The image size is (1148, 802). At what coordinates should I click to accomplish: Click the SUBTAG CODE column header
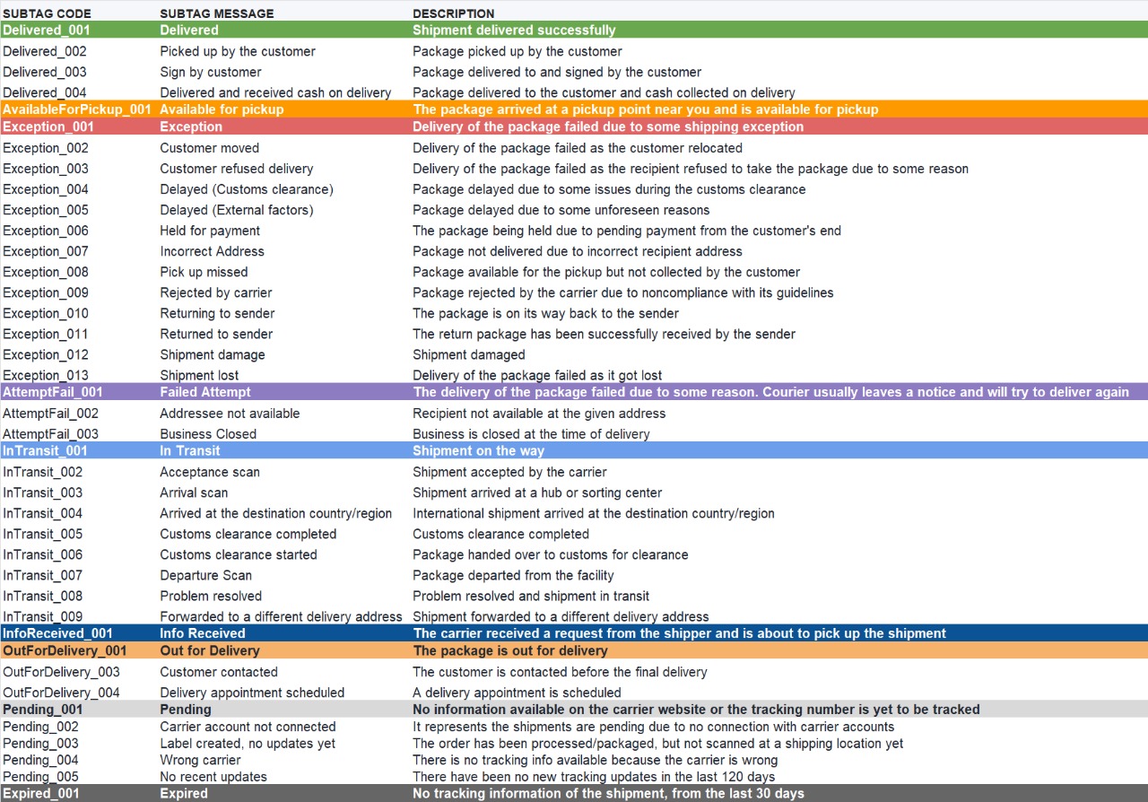tap(47, 13)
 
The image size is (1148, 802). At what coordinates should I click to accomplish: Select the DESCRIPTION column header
tap(453, 13)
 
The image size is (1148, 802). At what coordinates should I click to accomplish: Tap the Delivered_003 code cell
tap(45, 72)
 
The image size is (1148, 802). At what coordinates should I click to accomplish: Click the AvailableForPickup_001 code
tap(77, 109)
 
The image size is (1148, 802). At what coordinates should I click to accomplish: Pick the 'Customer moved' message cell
tap(209, 148)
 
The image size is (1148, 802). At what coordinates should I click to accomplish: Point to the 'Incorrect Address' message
tap(212, 251)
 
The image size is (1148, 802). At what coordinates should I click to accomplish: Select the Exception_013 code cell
tap(46, 375)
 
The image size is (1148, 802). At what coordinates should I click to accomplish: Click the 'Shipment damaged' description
tap(469, 354)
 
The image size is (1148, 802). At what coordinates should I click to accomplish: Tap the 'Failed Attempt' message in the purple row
tap(205, 392)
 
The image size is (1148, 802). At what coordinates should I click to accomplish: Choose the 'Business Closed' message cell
tap(208, 434)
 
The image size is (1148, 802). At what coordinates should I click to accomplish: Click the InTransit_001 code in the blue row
tap(45, 450)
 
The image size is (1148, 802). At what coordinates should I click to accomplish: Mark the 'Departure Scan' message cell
tap(205, 575)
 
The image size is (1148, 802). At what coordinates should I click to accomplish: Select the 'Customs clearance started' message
tap(239, 554)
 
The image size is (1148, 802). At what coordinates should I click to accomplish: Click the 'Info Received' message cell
tap(203, 633)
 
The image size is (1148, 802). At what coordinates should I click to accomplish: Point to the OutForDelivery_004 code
tap(61, 693)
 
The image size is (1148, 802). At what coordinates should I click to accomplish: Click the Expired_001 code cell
tap(41, 793)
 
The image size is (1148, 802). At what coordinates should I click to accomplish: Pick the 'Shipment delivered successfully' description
tap(514, 31)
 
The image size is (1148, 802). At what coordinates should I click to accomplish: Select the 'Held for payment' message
tap(210, 231)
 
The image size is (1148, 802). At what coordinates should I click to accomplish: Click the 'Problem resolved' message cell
tap(211, 596)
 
